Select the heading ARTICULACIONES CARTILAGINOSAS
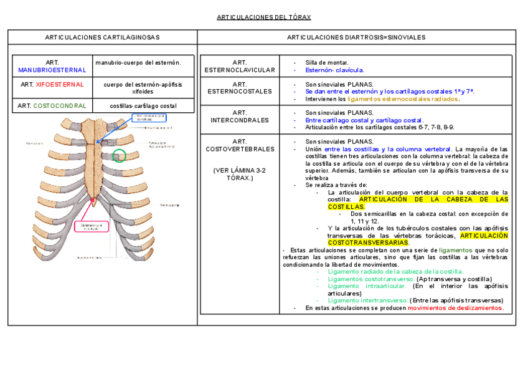click(102, 37)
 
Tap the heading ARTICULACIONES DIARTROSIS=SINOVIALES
click(356, 37)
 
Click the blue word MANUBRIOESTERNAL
click(52, 70)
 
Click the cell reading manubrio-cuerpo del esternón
click(138, 62)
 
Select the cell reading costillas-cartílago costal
click(143, 106)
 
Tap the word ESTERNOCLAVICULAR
click(240, 70)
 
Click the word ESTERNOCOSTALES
click(240, 92)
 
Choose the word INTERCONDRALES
click(240, 120)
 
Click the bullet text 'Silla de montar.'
click(327, 62)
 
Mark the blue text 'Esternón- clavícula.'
click(334, 70)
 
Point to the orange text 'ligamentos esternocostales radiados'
click(402, 98)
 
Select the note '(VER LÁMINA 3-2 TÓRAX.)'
click(240, 174)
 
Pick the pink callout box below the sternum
click(91, 226)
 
